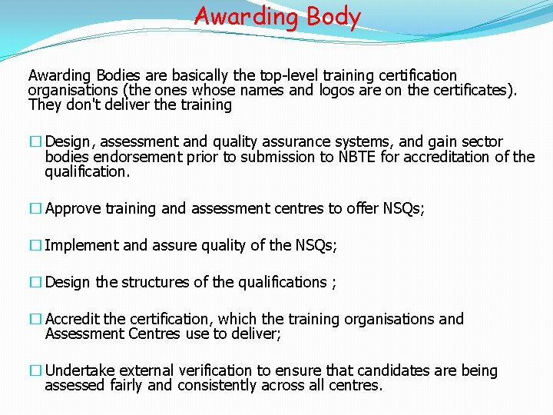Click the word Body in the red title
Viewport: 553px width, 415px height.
[332, 16]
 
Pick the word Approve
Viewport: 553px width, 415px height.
[73, 208]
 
